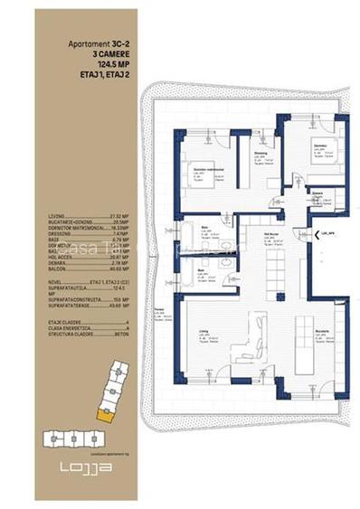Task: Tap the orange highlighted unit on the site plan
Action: [106, 415]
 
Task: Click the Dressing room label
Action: [260, 154]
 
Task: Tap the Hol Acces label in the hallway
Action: [269, 232]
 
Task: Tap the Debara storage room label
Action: [317, 193]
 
